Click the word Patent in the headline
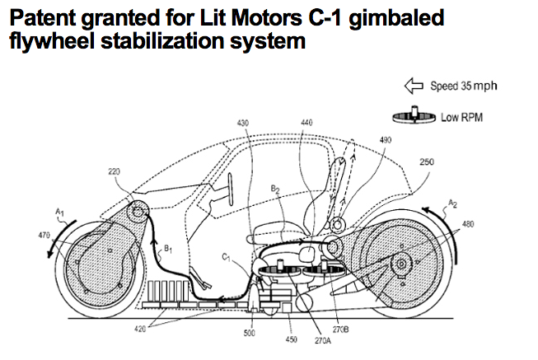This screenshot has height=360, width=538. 43,18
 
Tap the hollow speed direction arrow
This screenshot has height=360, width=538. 414,86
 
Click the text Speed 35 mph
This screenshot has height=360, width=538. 464,86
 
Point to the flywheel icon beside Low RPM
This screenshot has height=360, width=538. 414,115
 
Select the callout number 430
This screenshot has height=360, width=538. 243,123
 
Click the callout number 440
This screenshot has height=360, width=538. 306,123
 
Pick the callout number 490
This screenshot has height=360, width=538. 386,140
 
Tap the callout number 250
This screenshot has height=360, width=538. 427,161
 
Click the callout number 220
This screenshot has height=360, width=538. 114,171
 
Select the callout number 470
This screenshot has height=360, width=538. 44,236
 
